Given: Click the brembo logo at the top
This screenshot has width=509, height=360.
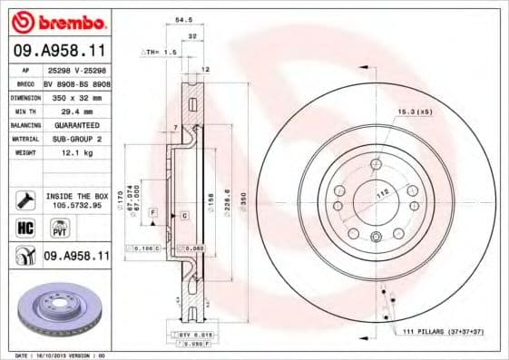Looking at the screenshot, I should [56, 21].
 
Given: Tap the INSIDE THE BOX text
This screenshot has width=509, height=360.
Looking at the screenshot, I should [76, 195].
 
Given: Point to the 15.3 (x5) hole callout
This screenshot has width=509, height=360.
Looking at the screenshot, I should [412, 112].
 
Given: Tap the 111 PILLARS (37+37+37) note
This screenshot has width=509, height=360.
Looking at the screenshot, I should [445, 333].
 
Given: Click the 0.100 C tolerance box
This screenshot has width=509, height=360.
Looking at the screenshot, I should [146, 248].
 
